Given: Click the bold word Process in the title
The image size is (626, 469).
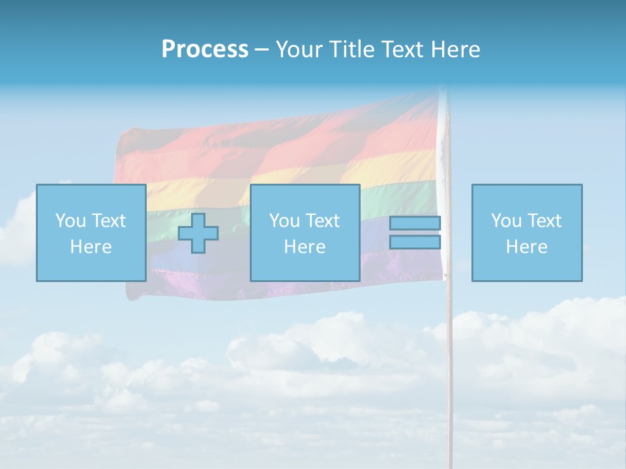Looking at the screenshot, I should (205, 49).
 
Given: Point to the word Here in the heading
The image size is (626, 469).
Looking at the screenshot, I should (455, 49).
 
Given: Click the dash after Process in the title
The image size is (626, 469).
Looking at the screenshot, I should (262, 50).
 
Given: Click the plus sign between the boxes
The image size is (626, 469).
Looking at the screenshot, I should (198, 233).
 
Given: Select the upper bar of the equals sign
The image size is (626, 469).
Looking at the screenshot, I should (415, 223).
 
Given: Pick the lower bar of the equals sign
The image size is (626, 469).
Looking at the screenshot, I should (415, 242).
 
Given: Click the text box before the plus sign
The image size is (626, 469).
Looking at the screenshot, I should (91, 233).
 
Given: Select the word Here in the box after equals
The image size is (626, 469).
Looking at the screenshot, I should (526, 247).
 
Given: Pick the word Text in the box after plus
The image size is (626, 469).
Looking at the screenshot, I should (323, 221).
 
